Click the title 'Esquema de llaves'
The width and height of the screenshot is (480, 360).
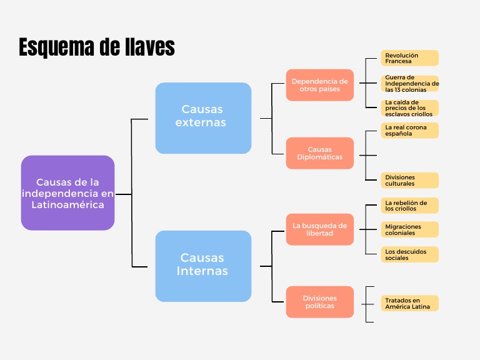click(96, 47)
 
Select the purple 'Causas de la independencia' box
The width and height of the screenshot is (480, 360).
click(67, 193)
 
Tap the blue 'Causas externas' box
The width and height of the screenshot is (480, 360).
click(203, 117)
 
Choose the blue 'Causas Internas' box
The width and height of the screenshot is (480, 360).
click(203, 266)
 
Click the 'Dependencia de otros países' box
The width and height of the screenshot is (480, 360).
click(320, 85)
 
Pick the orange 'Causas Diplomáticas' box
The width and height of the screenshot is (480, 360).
click(320, 153)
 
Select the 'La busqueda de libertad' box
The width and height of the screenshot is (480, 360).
click(320, 229)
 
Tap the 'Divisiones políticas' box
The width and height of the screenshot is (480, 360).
click(320, 302)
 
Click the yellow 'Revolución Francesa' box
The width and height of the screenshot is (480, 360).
click(410, 58)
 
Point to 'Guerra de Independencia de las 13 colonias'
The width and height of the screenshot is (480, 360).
click(411, 83)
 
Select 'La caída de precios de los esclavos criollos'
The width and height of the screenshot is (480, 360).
click(410, 108)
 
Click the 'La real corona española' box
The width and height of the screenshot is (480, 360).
click(410, 130)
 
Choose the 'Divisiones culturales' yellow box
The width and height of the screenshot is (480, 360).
click(410, 181)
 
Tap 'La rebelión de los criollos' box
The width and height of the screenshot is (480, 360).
click(410, 206)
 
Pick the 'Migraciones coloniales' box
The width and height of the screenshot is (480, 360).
click(410, 229)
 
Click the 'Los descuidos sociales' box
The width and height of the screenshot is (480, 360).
click(410, 254)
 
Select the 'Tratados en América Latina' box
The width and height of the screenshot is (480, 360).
click(410, 303)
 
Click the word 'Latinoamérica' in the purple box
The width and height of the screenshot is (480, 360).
click(68, 204)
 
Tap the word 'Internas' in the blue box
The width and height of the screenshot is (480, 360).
click(202, 271)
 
